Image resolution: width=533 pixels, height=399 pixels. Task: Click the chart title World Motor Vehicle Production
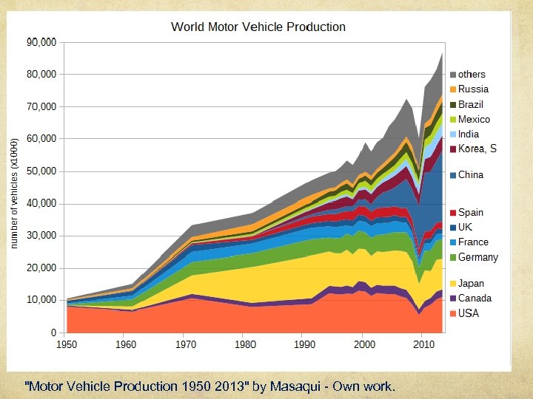[258, 27]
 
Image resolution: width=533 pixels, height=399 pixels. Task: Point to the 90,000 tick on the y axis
[42, 42]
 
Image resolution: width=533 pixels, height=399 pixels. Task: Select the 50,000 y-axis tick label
[42, 171]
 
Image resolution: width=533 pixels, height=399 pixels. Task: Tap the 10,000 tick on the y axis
[42, 300]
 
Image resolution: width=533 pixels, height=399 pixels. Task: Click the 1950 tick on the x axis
[67, 345]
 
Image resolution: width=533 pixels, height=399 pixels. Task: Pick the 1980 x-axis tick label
[244, 345]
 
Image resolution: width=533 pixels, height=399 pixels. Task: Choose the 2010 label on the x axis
[422, 345]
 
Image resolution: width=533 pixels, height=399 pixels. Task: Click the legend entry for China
[471, 175]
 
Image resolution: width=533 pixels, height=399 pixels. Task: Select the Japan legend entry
[472, 284]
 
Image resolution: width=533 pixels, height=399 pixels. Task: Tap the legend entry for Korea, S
[477, 149]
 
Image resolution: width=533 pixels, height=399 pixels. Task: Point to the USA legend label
[469, 313]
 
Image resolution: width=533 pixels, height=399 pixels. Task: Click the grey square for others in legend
[453, 75]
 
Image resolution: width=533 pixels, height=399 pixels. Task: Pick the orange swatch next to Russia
[453, 89]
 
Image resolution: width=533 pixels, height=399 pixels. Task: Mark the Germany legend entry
[478, 257]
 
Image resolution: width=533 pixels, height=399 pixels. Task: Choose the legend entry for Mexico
[474, 119]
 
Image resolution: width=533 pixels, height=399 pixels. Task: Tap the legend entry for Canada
[475, 299]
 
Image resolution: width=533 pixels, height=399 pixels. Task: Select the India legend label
[469, 134]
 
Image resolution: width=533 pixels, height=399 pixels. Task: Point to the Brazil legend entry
[471, 104]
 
